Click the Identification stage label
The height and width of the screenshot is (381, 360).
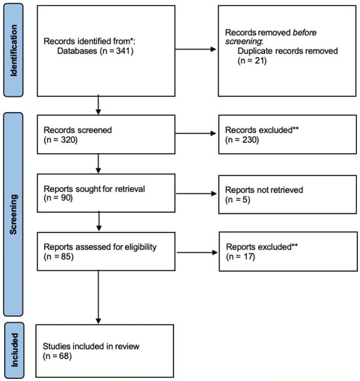(x=14, y=50)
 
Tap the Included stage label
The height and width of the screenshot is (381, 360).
(x=14, y=350)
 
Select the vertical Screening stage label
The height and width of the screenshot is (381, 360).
(x=13, y=214)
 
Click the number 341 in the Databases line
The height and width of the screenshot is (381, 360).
(x=124, y=51)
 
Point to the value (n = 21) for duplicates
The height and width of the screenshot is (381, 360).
(x=252, y=60)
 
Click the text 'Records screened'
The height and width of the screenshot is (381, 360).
(x=78, y=130)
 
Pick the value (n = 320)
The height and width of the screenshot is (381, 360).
(x=60, y=139)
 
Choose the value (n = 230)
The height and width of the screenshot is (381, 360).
(x=242, y=139)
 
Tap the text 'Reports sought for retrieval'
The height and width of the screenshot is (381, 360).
(x=94, y=189)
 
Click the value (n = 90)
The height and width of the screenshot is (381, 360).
(x=58, y=198)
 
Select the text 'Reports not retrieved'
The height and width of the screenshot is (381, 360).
(x=264, y=190)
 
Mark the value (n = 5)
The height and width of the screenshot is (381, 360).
(x=238, y=200)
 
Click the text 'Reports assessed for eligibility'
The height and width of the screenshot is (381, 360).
(x=100, y=247)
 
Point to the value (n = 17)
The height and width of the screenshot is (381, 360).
(x=240, y=257)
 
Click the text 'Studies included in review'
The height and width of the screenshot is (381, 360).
(x=91, y=346)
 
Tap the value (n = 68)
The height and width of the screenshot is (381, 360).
(x=58, y=356)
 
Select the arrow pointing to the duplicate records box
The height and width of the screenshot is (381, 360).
(x=196, y=49)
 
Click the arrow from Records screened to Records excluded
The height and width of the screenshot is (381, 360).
(x=196, y=134)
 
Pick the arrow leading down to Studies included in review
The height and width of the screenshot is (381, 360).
(x=98, y=297)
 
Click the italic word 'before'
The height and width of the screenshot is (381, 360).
(x=304, y=33)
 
